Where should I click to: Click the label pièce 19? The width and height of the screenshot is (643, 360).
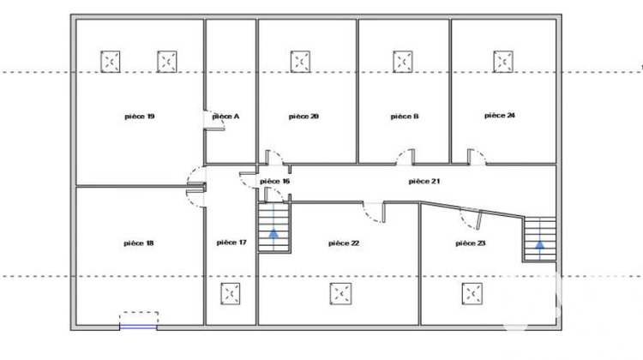coord(140,117)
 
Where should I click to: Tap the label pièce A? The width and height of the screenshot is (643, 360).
coord(225,117)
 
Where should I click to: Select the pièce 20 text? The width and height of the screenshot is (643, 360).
coord(303,117)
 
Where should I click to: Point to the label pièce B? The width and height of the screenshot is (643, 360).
coord(405,117)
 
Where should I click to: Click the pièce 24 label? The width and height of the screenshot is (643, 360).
coord(500,116)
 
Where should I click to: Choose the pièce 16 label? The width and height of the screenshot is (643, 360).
coord(274,181)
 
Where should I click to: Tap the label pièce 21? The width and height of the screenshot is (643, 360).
coord(424,181)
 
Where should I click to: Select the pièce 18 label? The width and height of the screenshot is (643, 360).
coord(139,243)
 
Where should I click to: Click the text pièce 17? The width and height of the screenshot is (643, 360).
coord(231,243)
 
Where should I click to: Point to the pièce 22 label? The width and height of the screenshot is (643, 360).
coord(344,243)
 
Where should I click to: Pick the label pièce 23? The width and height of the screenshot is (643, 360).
coord(471,243)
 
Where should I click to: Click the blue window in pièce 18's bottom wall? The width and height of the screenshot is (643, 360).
coord(138,327)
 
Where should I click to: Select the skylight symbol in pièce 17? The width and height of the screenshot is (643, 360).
coord(231,294)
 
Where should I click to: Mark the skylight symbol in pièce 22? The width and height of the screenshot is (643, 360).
coord(340,294)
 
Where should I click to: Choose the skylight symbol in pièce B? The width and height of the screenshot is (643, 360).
coord(403,62)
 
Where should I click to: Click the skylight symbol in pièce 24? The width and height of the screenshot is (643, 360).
coord(503,62)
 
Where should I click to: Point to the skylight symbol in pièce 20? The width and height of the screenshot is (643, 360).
coord(300,62)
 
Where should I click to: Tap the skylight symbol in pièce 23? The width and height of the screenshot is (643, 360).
coord(472,294)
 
